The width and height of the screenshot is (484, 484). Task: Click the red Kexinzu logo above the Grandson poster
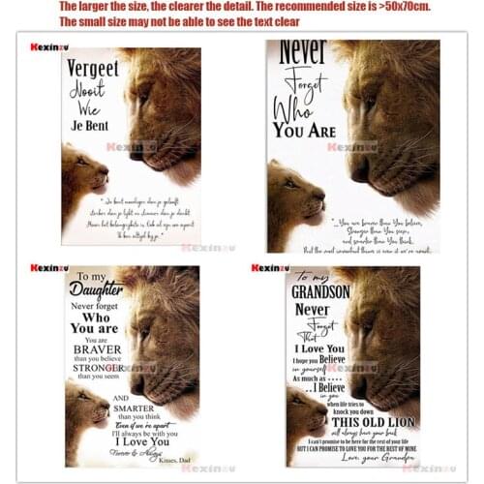pyautogui.click(x=270, y=268)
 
